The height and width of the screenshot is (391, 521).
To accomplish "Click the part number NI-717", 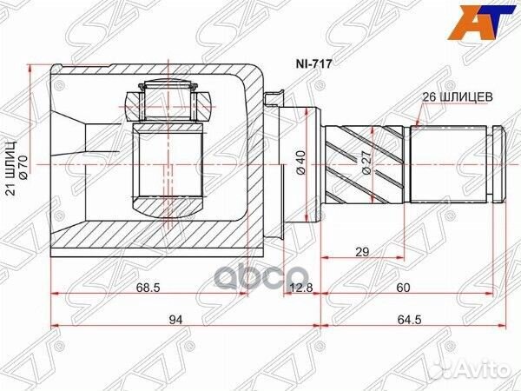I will pyautogui.click(x=313, y=63).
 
